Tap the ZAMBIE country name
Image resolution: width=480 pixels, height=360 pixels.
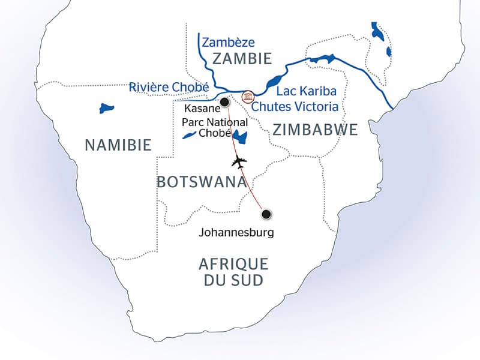coord(241,59)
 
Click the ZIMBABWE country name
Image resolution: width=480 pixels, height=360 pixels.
coord(314,130)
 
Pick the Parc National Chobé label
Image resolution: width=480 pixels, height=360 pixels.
coord(206,127)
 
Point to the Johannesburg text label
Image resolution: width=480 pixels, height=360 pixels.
coord(236,232)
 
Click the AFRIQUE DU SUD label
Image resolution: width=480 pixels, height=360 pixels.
coord(233,272)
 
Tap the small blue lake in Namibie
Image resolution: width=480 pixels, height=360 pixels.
coord(107,109)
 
